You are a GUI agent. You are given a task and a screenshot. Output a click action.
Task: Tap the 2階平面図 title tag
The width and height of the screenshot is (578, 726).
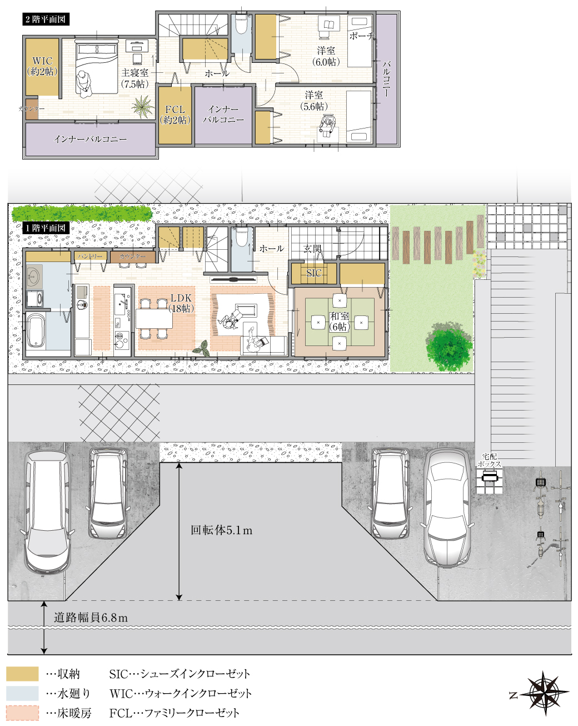coord(46,19)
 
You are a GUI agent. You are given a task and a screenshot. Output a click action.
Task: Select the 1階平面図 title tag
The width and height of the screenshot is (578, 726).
coord(46,228)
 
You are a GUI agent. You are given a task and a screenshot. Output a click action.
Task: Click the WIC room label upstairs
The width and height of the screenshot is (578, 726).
coord(42,66)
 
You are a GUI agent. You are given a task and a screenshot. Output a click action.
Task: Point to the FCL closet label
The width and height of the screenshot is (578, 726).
coord(175,115)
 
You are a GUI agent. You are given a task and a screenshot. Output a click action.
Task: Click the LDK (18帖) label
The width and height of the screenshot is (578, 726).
coord(181,303)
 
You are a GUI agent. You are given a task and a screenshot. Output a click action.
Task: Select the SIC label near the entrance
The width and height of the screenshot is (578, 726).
coord(314,273)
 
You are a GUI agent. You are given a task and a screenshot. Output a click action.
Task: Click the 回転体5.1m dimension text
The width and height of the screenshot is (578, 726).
coord(221,530)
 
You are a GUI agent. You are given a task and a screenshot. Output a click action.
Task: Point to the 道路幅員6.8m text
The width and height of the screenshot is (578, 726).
coord(91,618)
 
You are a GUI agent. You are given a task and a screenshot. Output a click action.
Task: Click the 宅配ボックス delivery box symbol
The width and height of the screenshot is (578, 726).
coord(490,477)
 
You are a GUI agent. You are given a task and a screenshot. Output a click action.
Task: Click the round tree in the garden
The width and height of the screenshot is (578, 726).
coord(449,346)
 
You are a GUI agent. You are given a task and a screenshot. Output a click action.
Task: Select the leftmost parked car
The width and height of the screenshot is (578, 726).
coord(47,512)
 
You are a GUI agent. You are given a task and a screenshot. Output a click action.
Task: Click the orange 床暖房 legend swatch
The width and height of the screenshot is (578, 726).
coord(23,713)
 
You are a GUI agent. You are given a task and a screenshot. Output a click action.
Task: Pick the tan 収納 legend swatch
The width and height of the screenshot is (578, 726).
coord(23,674)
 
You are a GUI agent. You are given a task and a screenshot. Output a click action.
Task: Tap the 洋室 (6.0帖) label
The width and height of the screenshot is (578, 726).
coord(325,56)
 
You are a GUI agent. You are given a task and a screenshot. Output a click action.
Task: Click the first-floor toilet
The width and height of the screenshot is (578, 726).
coord(241,239)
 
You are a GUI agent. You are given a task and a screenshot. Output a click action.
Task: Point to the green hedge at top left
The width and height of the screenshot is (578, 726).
coord(82,213)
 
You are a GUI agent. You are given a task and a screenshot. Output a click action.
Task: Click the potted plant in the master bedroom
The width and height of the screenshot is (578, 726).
coord(143,106)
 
